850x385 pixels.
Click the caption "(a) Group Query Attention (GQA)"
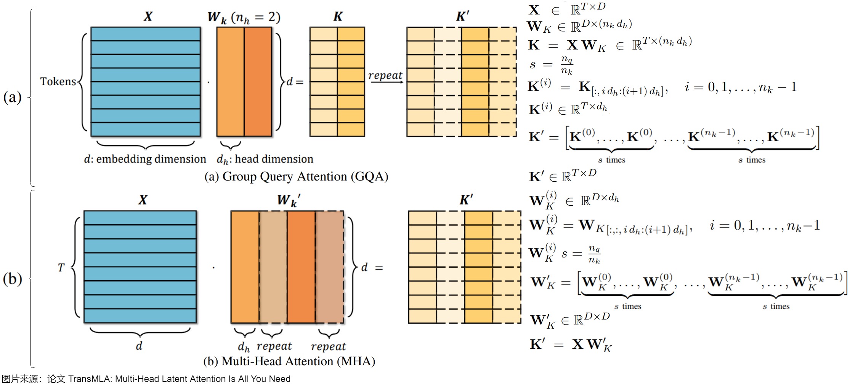point(296,177)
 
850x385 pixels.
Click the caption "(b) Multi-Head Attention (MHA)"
point(289,361)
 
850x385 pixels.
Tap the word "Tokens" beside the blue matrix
point(58,81)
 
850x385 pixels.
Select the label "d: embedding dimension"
point(145,159)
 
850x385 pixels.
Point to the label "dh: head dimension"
point(265,159)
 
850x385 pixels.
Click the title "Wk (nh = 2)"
point(244,18)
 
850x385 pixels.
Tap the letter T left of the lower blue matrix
point(61,268)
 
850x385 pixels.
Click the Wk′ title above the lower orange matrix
point(289,200)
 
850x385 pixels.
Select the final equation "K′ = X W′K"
point(571,345)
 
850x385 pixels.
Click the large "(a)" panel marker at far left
point(12,97)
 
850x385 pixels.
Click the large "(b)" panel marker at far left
point(12,279)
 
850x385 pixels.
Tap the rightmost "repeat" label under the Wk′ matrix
point(328,346)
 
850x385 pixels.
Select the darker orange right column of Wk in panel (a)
point(258,81)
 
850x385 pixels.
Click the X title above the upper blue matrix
point(148,16)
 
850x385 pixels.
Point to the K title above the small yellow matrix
point(338,16)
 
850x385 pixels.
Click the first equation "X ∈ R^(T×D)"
point(566,9)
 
